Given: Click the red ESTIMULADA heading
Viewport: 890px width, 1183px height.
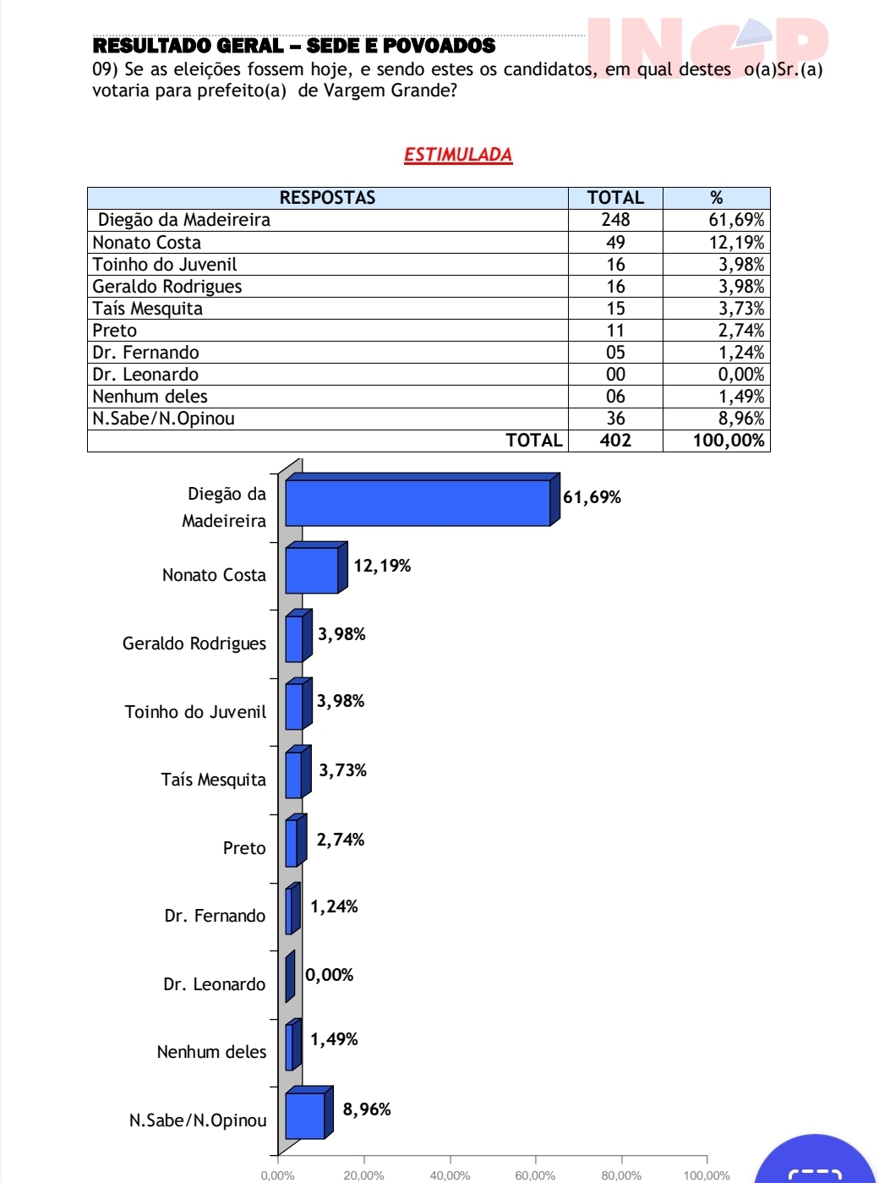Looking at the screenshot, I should point(458,155).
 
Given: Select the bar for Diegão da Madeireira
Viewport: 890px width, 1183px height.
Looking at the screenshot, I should point(418,502).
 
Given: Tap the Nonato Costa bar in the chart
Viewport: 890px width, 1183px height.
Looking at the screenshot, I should point(311,570).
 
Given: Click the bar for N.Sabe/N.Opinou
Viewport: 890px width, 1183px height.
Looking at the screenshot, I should point(305,1115).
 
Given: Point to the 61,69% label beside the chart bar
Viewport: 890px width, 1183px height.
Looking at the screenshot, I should point(592,497).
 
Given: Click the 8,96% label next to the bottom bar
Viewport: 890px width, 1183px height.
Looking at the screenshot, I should point(367,1109).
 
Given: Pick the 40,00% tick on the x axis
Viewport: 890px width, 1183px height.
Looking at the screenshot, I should point(450,1175).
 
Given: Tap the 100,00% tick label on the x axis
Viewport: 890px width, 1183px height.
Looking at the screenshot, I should point(707,1175).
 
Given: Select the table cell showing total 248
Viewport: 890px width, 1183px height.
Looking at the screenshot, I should point(615,220).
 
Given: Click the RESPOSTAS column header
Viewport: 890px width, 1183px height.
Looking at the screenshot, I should point(327,198).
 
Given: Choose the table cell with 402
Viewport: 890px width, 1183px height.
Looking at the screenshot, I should point(615,441).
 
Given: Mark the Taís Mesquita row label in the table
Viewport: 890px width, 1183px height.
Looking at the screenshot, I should point(148,309).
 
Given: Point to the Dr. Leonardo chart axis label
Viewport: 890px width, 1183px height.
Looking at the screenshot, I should point(214,984).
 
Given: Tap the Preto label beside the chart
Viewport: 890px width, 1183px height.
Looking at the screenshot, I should point(244,848).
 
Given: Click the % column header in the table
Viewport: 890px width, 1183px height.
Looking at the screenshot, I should point(716,198).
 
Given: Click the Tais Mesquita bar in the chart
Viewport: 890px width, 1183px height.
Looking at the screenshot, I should point(293,775).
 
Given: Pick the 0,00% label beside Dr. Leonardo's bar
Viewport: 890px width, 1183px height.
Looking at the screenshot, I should point(330,975).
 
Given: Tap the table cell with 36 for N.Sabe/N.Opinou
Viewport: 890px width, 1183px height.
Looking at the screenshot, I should point(615,419).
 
